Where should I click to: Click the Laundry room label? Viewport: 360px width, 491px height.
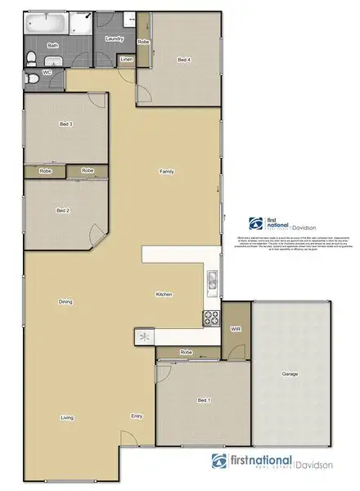pyautogui.click(x=114, y=38)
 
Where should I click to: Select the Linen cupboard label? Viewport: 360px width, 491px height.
pyautogui.click(x=126, y=60)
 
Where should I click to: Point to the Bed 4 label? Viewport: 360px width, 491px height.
pyautogui.click(x=184, y=59)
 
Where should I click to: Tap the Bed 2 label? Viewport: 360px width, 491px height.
pyautogui.click(x=62, y=210)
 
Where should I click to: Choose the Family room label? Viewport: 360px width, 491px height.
pyautogui.click(x=166, y=172)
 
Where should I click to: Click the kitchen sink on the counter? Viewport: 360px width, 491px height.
pyautogui.click(x=211, y=283)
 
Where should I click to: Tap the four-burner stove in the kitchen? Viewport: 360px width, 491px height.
pyautogui.click(x=210, y=318)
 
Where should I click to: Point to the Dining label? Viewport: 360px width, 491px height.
pyautogui.click(x=65, y=302)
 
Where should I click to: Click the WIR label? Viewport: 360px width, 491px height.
pyautogui.click(x=236, y=329)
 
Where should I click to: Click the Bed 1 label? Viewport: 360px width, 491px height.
pyautogui.click(x=204, y=400)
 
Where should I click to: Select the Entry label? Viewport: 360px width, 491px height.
pyautogui.click(x=137, y=417)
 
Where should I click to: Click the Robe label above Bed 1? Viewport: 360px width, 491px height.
pyautogui.click(x=187, y=353)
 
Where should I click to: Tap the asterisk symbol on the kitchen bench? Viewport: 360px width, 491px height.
pyautogui.click(x=145, y=336)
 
